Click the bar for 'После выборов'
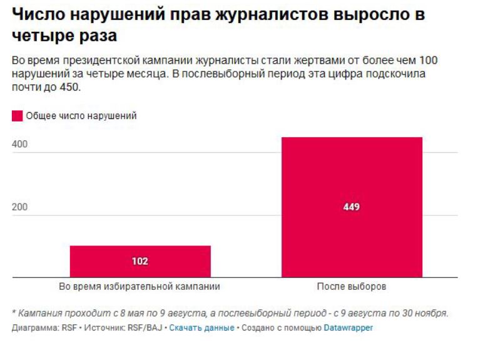coord(352,182)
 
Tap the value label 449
coord(352,207)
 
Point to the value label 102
coord(140,261)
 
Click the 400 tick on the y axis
coord(20,145)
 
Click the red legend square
coord(17,116)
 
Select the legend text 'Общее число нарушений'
coord(81,116)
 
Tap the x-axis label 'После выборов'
coord(352,287)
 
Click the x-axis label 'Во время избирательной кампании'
coord(140,287)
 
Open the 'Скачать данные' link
coord(201,327)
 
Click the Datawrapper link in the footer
coord(348,327)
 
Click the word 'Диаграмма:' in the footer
coord(32,327)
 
